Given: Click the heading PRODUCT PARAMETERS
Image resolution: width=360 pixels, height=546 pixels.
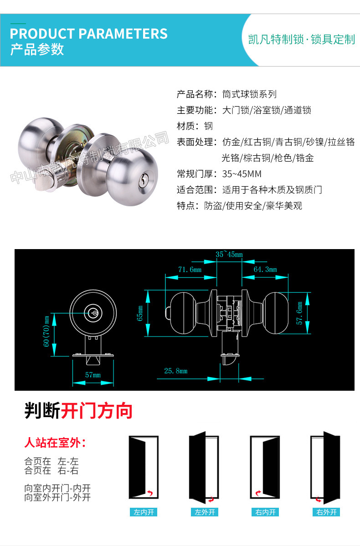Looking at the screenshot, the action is click(x=89, y=34).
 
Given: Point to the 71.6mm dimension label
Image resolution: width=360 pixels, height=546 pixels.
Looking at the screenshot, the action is click(x=190, y=270).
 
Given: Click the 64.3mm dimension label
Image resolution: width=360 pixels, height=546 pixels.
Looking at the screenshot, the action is click(x=265, y=270).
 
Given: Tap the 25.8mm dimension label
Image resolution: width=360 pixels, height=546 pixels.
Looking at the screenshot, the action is click(x=176, y=371).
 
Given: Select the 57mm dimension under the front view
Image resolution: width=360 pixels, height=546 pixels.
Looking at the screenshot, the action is click(x=93, y=375).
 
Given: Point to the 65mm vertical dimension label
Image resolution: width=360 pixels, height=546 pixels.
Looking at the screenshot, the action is click(x=140, y=313).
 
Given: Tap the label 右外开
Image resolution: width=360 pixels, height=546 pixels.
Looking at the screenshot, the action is click(x=326, y=512).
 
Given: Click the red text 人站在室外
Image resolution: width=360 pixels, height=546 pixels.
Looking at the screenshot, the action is click(x=55, y=442).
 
